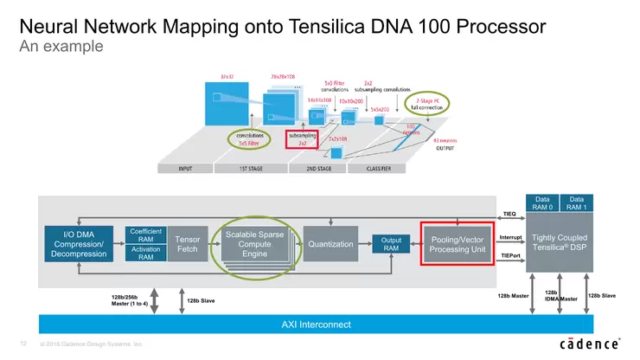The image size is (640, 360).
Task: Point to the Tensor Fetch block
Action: [x=187, y=243]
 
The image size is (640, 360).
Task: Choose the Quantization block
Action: [x=330, y=244]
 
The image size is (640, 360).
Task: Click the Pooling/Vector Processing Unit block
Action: [x=456, y=243]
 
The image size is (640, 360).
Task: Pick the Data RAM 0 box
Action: [x=542, y=202]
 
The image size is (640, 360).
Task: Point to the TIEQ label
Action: [x=509, y=213]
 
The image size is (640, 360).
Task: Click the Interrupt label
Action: [x=510, y=235]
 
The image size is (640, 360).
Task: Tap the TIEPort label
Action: [x=510, y=257]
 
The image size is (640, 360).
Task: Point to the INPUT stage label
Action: [x=183, y=169]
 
